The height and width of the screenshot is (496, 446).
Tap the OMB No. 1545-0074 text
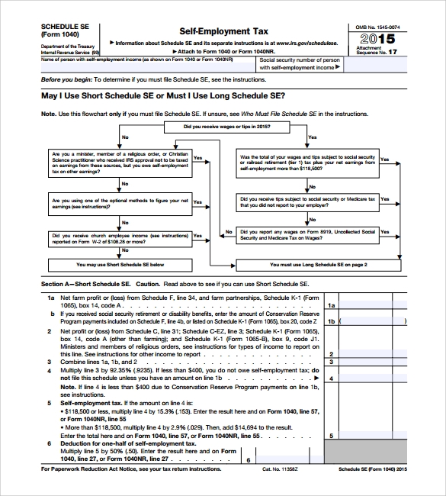coord(377,27)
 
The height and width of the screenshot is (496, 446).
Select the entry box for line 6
coord(284,460)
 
